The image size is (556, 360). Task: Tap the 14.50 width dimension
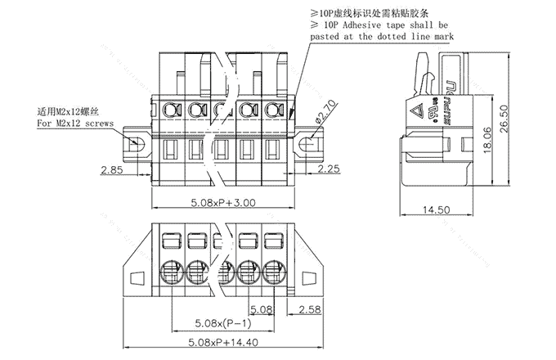point(438,210)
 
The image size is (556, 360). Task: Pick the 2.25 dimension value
point(329,169)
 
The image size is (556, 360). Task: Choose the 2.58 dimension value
point(310,309)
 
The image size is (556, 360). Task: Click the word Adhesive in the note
point(357,26)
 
